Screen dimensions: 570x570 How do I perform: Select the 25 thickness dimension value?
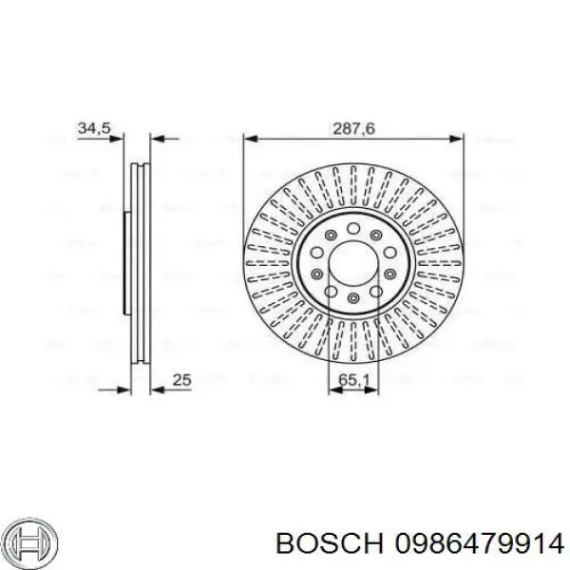click(181, 380)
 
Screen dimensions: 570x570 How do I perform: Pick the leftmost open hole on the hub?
click(314, 274)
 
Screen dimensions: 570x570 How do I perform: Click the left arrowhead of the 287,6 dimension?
click(249, 139)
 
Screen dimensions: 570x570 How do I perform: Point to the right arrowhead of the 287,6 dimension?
click(459, 139)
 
